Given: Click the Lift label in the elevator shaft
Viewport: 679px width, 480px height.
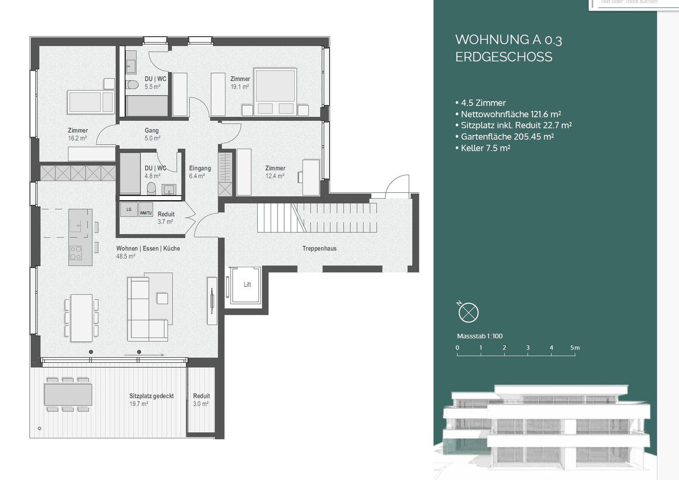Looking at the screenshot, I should pyautogui.click(x=247, y=284).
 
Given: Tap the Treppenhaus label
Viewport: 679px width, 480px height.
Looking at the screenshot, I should pyautogui.click(x=319, y=248).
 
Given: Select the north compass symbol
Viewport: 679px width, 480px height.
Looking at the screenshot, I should pyautogui.click(x=468, y=312).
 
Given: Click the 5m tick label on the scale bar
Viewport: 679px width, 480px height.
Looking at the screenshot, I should pyautogui.click(x=574, y=348).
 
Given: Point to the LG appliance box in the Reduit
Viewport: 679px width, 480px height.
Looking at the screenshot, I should pyautogui.click(x=129, y=209).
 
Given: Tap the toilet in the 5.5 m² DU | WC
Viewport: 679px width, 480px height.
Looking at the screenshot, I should pyautogui.click(x=132, y=84).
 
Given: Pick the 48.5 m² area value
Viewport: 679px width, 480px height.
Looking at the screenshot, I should pyautogui.click(x=125, y=256).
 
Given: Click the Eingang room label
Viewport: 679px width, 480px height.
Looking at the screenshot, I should pyautogui.click(x=200, y=168).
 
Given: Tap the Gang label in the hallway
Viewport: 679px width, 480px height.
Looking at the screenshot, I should pyautogui.click(x=152, y=130).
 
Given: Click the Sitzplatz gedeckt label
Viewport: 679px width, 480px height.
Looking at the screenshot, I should pyautogui.click(x=151, y=396).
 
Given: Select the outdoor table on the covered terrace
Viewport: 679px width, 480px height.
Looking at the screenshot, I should pyautogui.click(x=68, y=394).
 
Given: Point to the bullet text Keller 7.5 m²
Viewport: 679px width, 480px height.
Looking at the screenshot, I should pyautogui.click(x=485, y=148).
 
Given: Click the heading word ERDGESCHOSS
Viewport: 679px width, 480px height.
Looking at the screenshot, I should pyautogui.click(x=503, y=57).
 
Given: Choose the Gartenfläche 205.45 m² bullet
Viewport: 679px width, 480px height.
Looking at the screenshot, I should pyautogui.click(x=507, y=137).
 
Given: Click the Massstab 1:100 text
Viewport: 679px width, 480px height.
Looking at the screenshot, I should pyautogui.click(x=480, y=336).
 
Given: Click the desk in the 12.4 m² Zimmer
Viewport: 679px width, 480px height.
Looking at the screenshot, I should pyautogui.click(x=311, y=177).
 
